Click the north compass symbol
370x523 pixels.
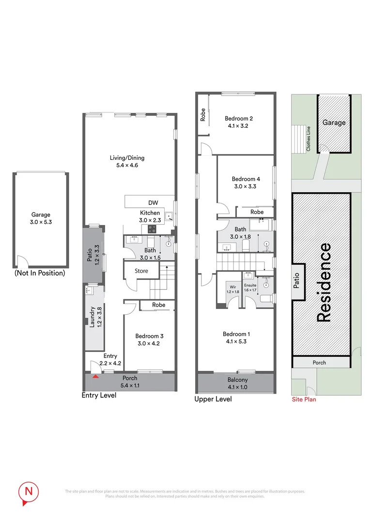[28, 491]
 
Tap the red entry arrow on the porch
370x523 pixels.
[96, 375]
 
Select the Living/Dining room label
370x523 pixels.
[127, 158]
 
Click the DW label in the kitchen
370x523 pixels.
[154, 203]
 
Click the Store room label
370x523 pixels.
[141, 271]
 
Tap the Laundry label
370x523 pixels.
[92, 315]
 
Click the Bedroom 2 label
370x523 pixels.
[238, 118]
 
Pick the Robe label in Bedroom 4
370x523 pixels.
[257, 212]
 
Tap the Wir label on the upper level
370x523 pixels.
[233, 286]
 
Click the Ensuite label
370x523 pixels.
[250, 286]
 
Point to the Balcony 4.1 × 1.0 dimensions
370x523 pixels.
[237, 387]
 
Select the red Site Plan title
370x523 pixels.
[304, 400]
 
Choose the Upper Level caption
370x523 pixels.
[213, 400]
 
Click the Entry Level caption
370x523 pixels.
[99, 395]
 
